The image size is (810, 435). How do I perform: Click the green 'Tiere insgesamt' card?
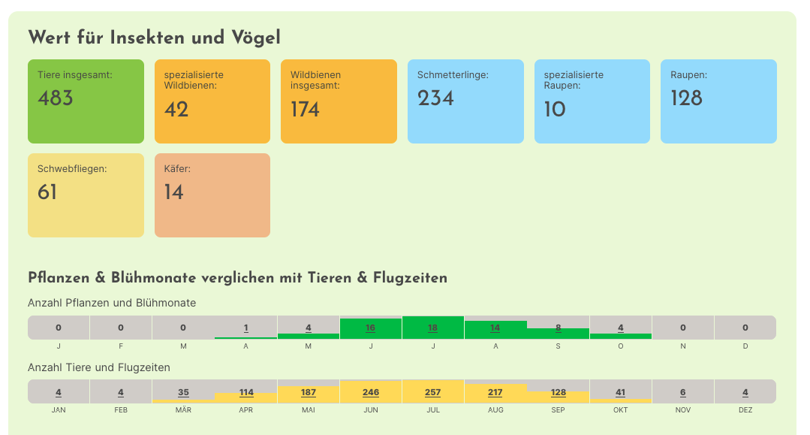click(86, 101)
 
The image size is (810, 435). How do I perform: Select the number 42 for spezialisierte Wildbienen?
click(176, 110)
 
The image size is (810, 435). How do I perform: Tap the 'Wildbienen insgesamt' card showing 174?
click(339, 101)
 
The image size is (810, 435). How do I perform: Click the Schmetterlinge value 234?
click(435, 98)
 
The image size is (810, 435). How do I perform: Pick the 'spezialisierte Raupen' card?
click(592, 101)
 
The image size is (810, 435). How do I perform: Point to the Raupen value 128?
click(686, 98)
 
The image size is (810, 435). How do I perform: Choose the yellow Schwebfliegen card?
click(86, 195)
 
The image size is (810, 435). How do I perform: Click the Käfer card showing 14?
click(212, 195)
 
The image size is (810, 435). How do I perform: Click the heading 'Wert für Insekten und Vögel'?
click(154, 37)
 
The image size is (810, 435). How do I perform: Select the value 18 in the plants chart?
click(432, 328)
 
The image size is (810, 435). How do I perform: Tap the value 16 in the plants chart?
click(370, 328)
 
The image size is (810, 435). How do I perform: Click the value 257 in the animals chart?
click(432, 392)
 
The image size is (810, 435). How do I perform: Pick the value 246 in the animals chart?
click(370, 392)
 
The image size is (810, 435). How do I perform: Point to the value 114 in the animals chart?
click(246, 392)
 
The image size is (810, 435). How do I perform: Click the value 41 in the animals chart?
click(620, 392)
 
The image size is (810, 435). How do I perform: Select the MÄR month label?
click(183, 410)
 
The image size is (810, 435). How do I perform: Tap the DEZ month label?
click(745, 410)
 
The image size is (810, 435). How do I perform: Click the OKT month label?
click(620, 410)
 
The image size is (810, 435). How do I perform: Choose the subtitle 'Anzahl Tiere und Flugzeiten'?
click(99, 367)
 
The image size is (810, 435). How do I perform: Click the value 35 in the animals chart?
click(183, 392)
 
